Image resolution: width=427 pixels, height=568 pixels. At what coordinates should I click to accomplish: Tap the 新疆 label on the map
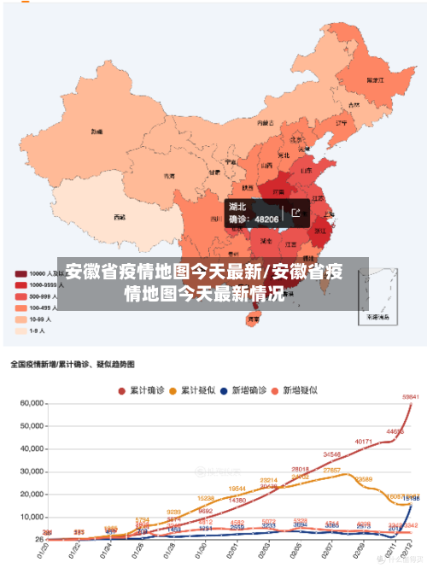coord(97,132)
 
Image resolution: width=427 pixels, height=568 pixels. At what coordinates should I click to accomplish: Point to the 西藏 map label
coord(119,217)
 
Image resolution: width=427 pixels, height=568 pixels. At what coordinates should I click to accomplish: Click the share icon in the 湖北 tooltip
coord(295,213)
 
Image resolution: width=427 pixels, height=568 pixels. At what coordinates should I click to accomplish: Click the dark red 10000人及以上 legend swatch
coord(19,274)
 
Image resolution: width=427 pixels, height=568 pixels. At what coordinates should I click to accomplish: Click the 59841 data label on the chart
coord(411,396)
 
